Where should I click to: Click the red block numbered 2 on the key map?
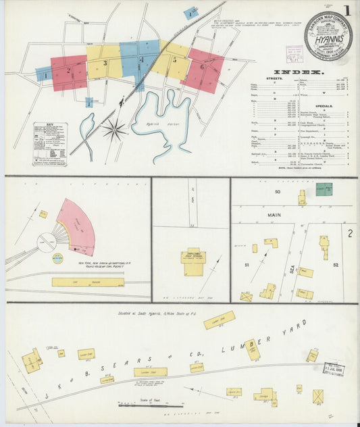[69, 71]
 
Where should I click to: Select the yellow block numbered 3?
[105, 63]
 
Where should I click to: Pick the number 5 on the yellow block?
[174, 60]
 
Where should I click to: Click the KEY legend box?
[51, 143]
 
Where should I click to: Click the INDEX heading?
[299, 72]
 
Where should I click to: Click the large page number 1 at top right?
[346, 11]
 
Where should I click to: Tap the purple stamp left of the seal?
[294, 54]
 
